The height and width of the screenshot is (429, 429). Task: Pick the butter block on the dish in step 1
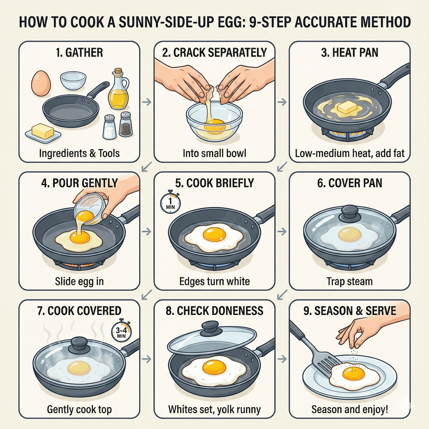pos(43,131)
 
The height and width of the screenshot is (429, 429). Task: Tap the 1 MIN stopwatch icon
pos(170,203)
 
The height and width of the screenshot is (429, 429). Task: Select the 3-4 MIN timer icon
pos(121,332)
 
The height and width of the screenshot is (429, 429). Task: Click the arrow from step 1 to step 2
pos(147,102)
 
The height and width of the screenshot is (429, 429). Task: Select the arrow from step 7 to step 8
pos(147,359)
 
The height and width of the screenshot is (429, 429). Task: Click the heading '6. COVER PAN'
pos(350,183)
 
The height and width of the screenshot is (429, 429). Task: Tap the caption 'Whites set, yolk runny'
pos(214,409)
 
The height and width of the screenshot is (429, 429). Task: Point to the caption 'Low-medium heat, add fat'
pos(350,153)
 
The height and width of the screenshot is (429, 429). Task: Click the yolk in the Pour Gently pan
pos(79,236)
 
